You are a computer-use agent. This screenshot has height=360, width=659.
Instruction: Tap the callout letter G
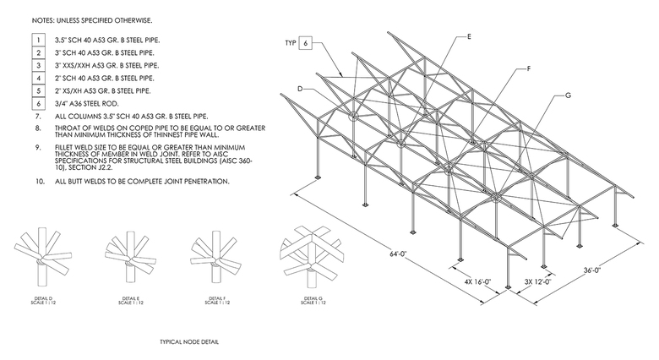click(x=568, y=95)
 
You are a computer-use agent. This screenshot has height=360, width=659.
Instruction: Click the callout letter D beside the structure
click(x=299, y=90)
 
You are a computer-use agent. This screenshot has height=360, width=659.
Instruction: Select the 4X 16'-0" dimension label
click(x=482, y=281)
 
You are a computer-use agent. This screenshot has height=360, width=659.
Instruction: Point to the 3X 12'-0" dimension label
click(x=539, y=281)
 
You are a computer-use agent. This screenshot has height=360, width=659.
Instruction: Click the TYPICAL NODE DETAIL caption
click(x=193, y=342)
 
